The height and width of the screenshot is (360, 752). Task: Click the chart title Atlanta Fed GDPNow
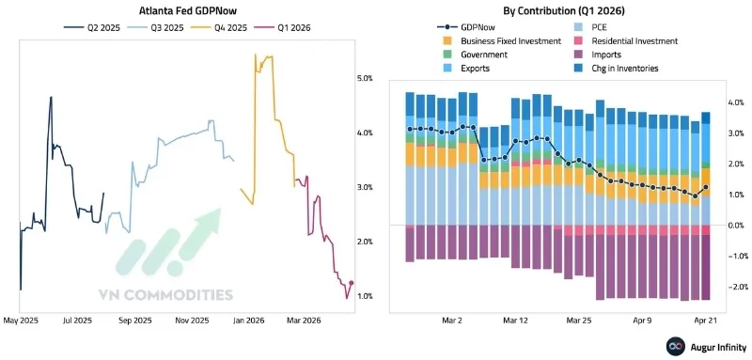click(x=184, y=11)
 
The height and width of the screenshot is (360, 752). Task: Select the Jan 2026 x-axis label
click(x=248, y=321)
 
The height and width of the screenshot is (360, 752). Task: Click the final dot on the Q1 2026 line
click(x=351, y=283)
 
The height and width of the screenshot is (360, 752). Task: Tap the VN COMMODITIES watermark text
click(x=165, y=294)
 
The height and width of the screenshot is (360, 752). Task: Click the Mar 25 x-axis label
click(x=579, y=321)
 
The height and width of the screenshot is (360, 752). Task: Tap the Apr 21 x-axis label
click(x=706, y=321)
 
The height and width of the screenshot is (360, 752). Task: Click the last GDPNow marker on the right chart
click(x=706, y=188)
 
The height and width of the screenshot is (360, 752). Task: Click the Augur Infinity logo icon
click(x=673, y=347)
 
